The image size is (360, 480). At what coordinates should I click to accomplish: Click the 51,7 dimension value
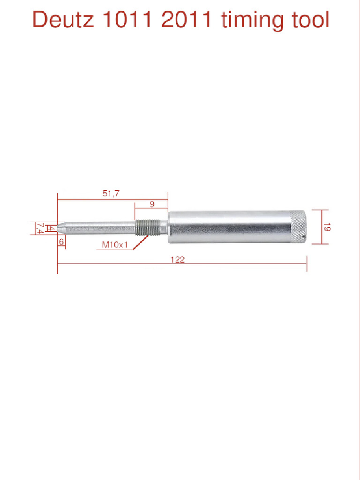click(111, 193)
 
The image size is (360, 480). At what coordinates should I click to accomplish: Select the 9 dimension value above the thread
click(152, 204)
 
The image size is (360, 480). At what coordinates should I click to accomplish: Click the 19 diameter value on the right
click(327, 227)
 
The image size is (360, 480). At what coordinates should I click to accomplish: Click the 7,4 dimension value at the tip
click(40, 228)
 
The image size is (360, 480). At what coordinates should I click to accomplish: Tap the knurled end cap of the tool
click(298, 227)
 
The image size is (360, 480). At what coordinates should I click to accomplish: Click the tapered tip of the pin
click(61, 228)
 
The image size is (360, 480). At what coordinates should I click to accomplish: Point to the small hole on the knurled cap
click(304, 241)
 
